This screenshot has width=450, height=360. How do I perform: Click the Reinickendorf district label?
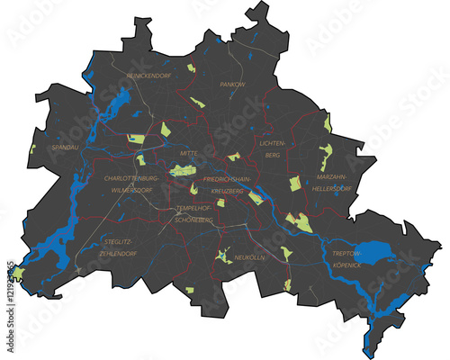(148, 76)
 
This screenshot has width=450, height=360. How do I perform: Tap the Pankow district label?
(232, 84)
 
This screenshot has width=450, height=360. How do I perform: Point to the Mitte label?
(189, 154)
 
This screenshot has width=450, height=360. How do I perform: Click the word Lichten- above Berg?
(272, 143)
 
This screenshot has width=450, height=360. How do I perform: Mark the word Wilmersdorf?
(136, 191)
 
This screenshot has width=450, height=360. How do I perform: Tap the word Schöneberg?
(193, 220)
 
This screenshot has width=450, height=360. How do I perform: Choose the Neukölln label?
(249, 257)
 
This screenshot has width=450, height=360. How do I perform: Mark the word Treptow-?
(346, 254)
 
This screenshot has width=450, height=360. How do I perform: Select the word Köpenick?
(346, 265)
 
